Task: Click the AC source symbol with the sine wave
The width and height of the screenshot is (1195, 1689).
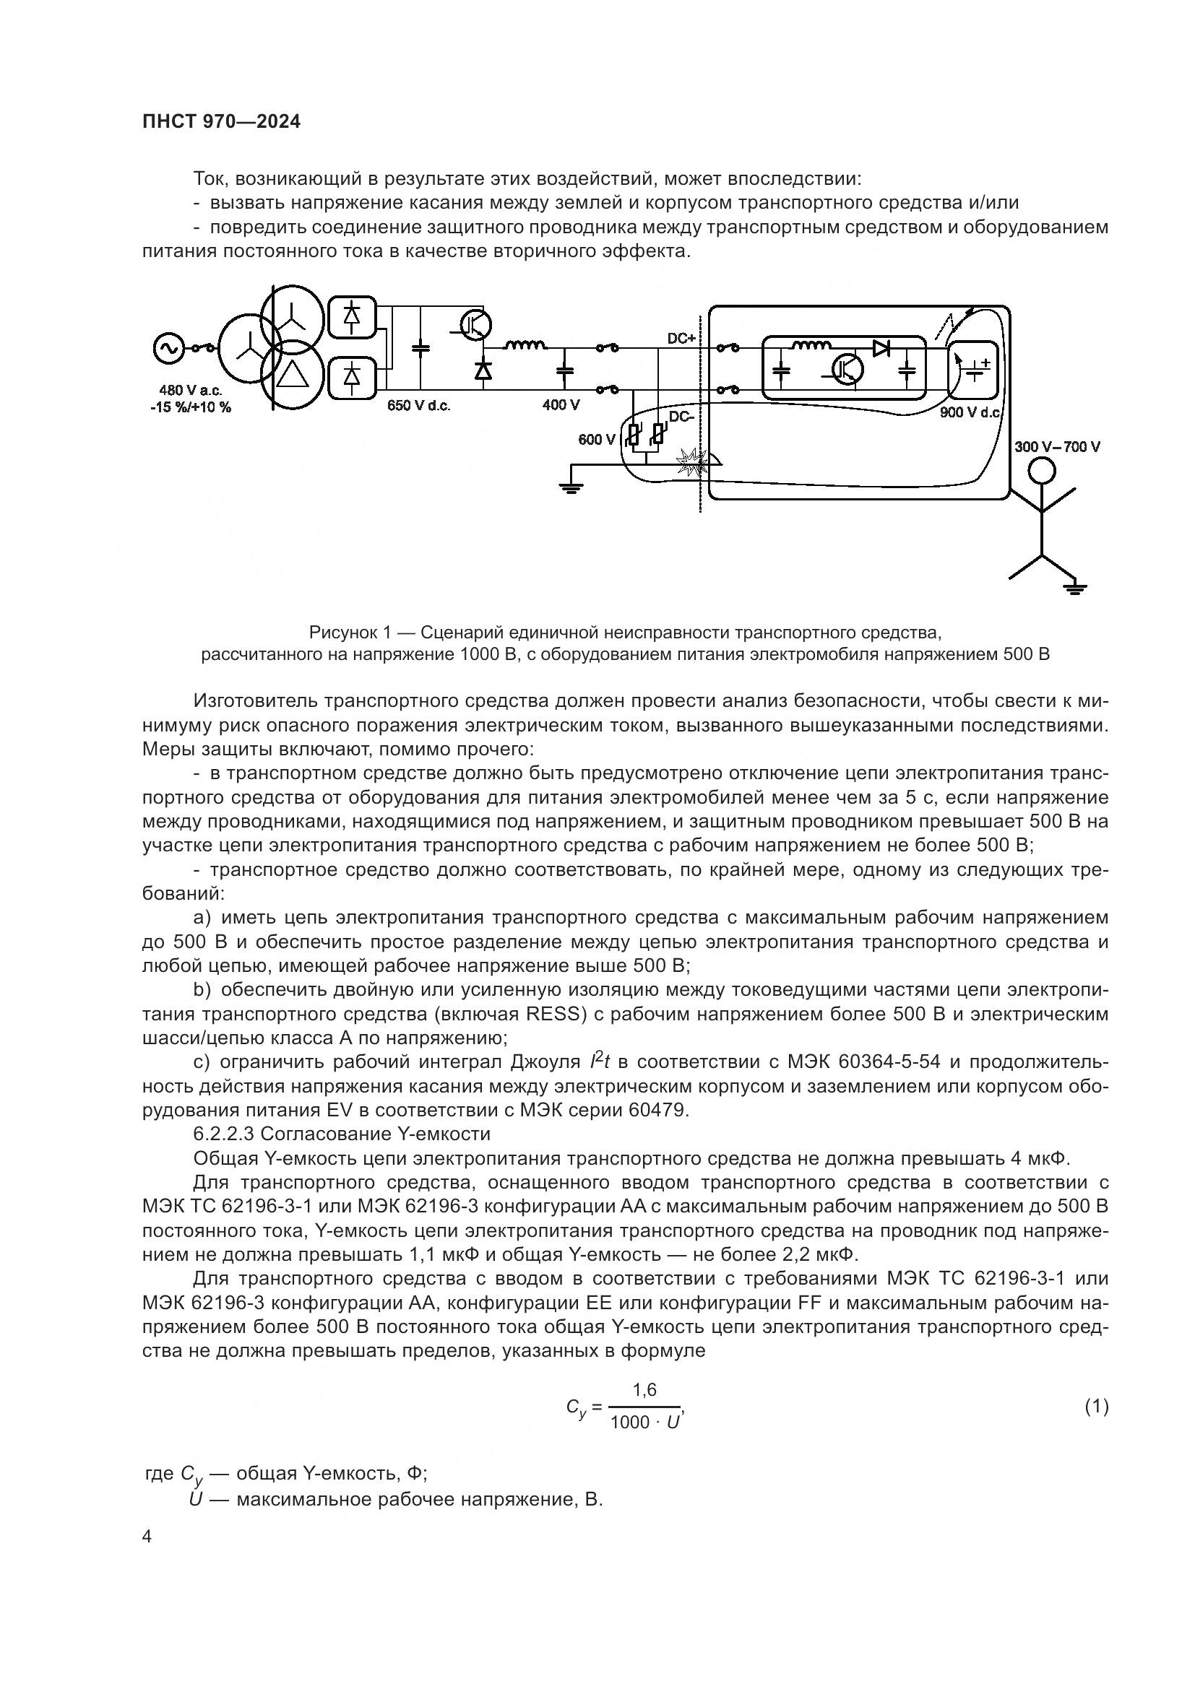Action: [x=168, y=349]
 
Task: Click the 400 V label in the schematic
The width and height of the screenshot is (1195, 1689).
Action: [x=561, y=404]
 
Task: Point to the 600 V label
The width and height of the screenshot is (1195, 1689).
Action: [x=596, y=440]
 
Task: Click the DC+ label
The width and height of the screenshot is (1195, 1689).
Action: [x=681, y=339]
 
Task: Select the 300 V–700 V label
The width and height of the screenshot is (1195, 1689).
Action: [x=1057, y=446]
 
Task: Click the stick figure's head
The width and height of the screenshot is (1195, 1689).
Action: [x=1041, y=471]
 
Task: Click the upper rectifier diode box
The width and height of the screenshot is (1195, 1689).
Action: [x=352, y=316]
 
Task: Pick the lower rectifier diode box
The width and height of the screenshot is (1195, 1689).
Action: [x=352, y=378]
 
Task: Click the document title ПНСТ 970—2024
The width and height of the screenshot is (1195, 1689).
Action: [x=222, y=122]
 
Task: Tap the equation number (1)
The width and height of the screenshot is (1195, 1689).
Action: [x=1096, y=1407]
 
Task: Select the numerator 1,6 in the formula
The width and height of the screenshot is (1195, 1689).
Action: [x=644, y=1389]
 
